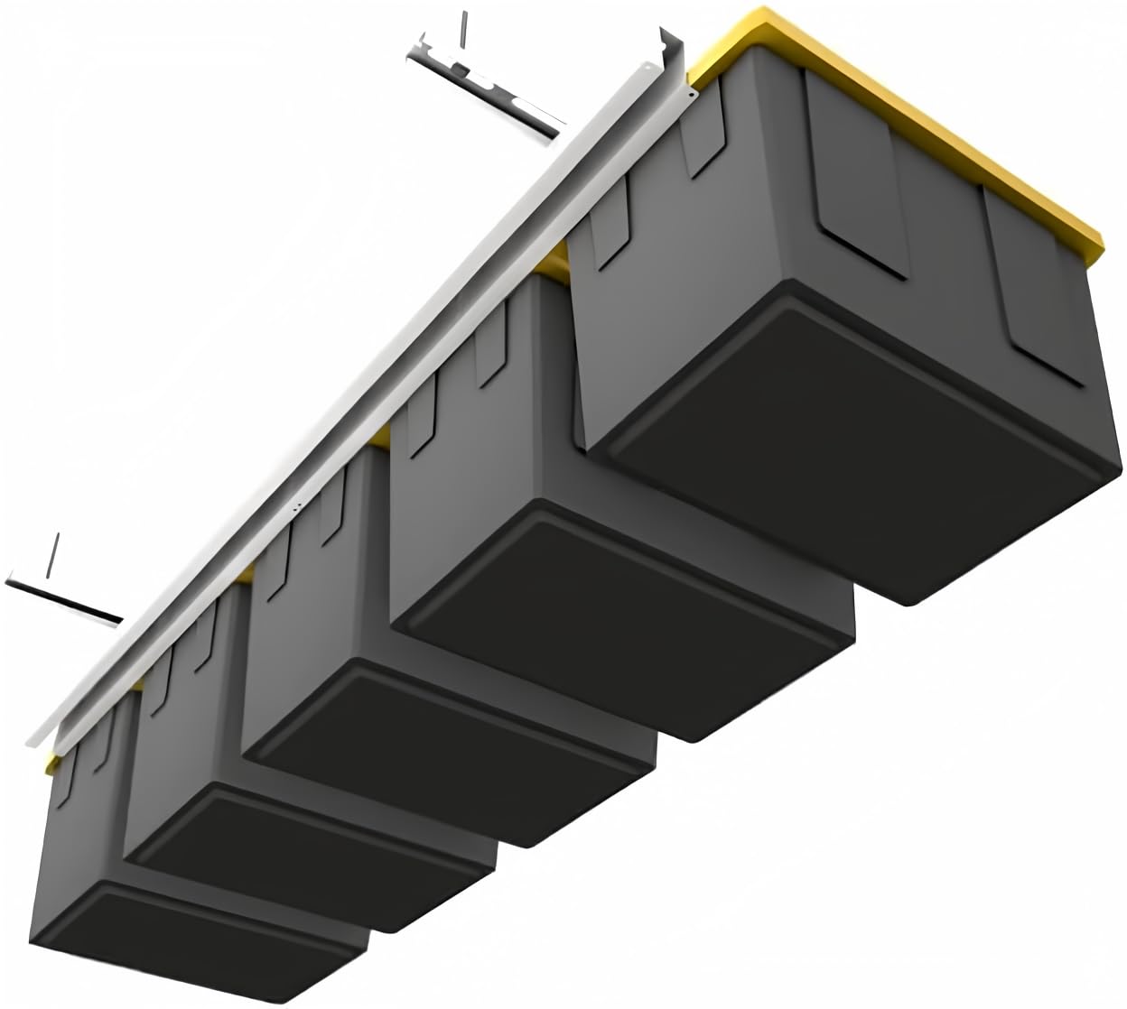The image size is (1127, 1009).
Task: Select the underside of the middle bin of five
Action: tap(452, 731)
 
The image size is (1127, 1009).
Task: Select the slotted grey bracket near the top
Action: tap(488, 86)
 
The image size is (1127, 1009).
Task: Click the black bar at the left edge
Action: tap(63, 600)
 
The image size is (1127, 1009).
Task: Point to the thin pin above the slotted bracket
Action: tap(463, 32)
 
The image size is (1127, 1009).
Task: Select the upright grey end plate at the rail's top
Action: tap(673, 59)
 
